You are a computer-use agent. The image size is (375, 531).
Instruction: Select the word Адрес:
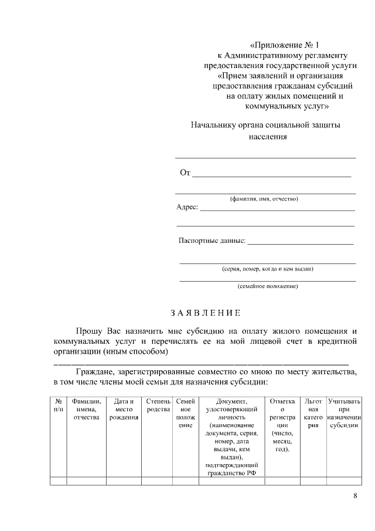187,208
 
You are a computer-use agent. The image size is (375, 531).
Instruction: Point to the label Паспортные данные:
212,241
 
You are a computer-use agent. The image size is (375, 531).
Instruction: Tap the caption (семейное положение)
267,286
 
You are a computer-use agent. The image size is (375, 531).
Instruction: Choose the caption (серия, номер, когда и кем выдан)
267,269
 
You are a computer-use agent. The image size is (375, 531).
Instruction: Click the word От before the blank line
185,173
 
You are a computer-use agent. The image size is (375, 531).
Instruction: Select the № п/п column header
58,405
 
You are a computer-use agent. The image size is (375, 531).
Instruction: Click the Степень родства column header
158,405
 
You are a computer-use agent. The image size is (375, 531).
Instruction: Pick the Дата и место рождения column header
124,409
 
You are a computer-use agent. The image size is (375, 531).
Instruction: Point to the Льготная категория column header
313,413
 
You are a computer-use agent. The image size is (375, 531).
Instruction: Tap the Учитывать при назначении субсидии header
344,413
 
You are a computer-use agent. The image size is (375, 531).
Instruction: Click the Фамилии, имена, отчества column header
87,409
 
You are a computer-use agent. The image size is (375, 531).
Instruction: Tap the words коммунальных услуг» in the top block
287,106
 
